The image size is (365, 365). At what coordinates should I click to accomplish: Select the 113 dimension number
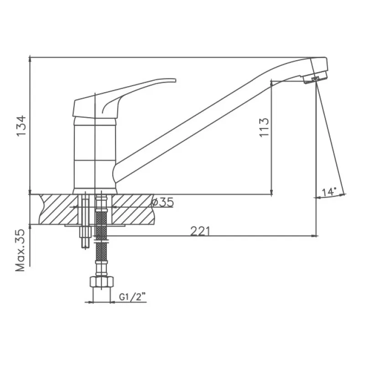pyautogui.click(x=264, y=128)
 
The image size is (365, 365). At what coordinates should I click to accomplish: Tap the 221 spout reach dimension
pyautogui.click(x=200, y=231)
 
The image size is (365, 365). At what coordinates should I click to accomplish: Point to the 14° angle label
pyautogui.click(x=329, y=192)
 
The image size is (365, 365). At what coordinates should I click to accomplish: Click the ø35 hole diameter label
pyautogui.click(x=162, y=202)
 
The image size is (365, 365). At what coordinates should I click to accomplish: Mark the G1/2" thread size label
pyautogui.click(x=132, y=297)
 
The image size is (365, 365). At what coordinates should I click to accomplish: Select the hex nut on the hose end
pyautogui.click(x=101, y=282)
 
